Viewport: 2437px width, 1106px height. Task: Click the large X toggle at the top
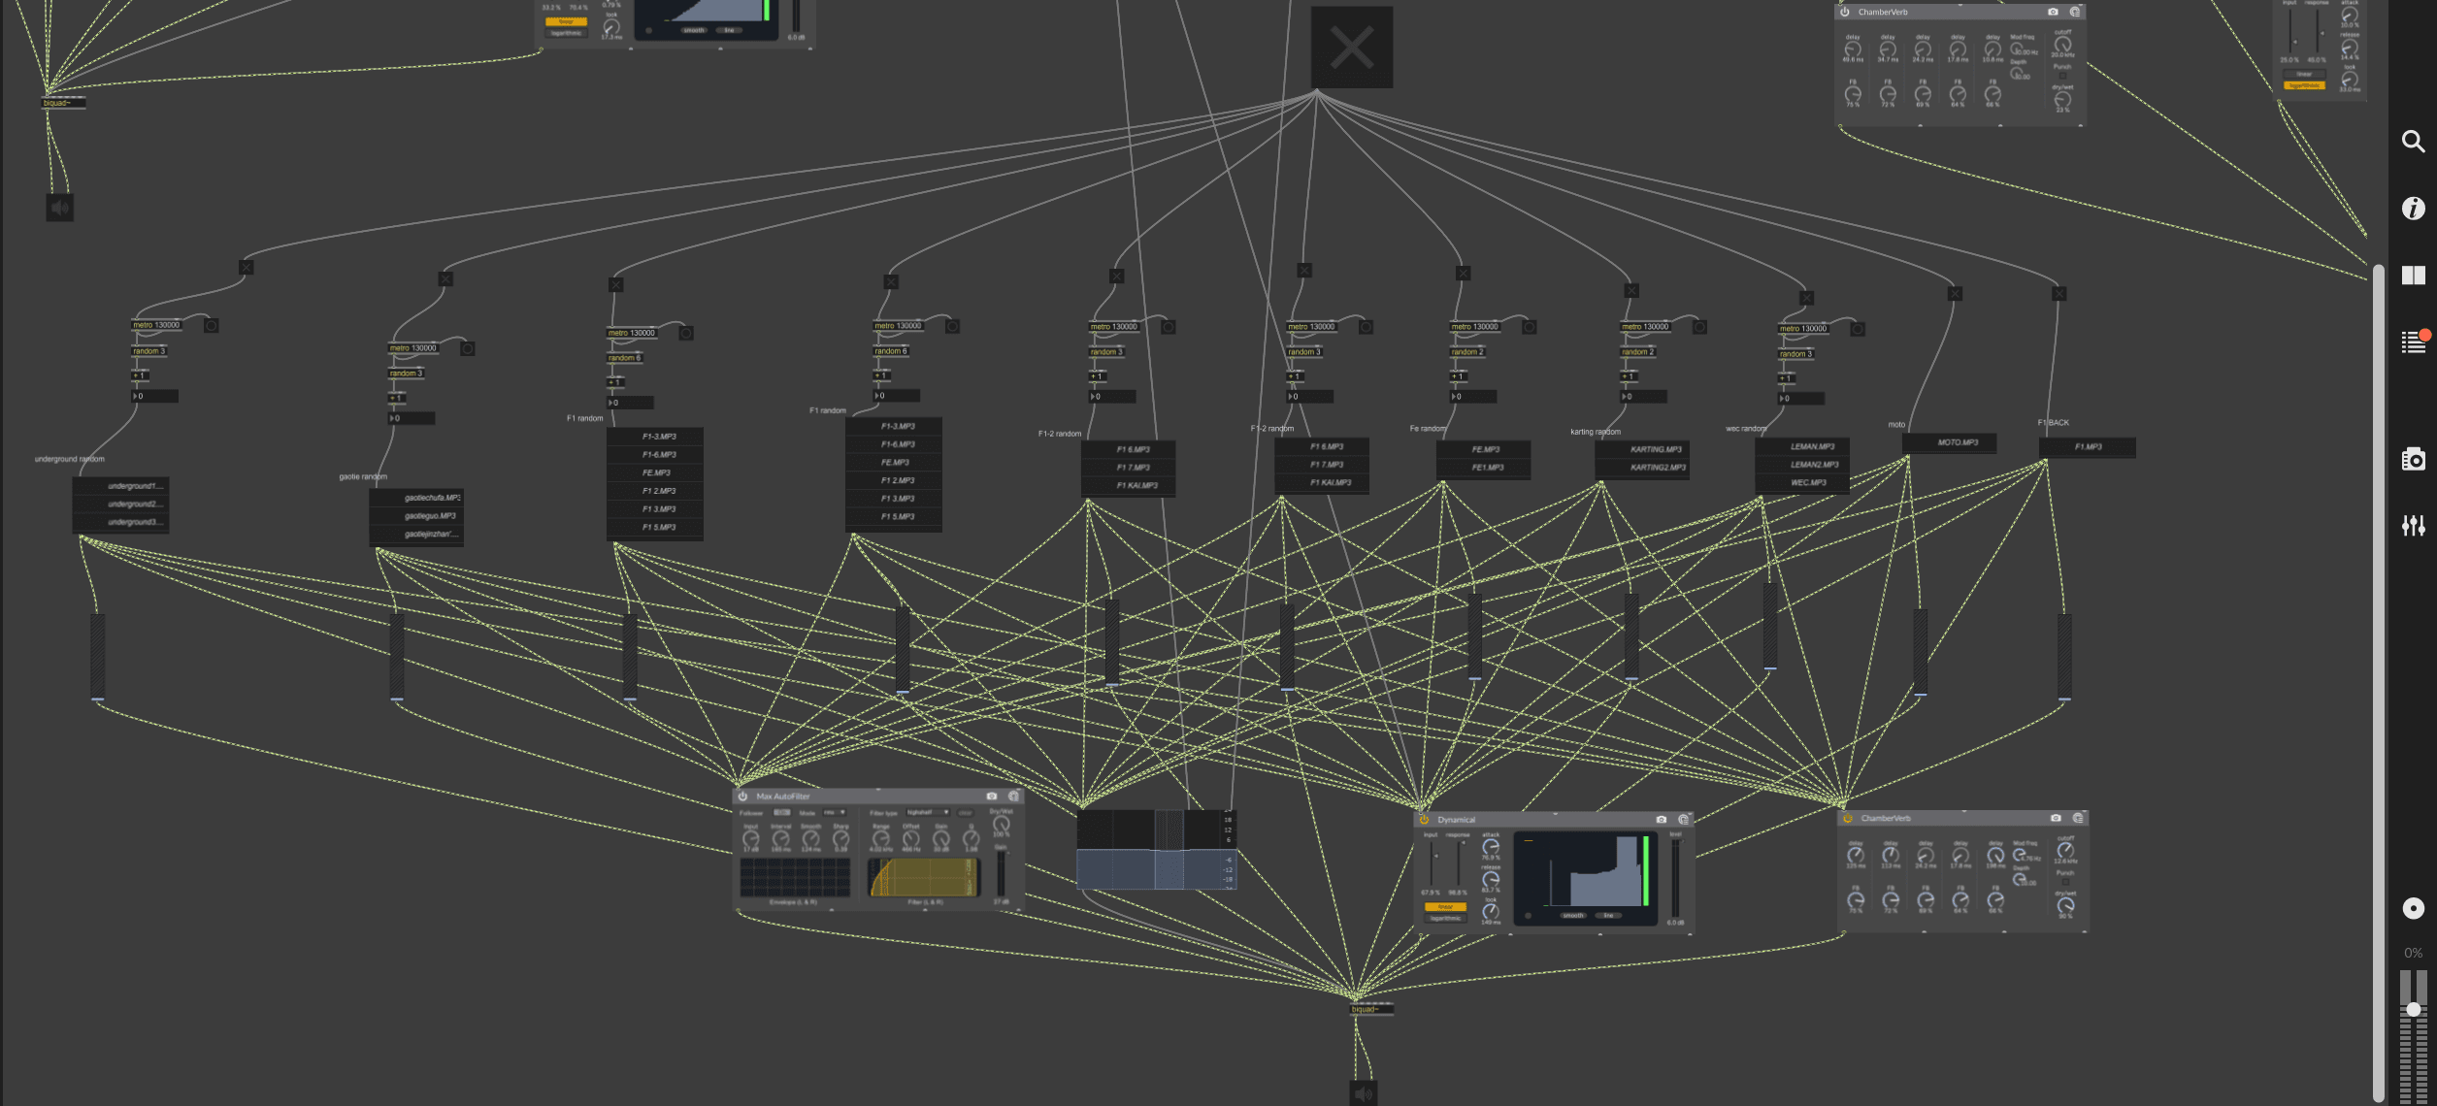point(1351,48)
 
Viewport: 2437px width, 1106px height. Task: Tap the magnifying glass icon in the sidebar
point(2413,142)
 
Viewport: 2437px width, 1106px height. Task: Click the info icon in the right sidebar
point(2413,209)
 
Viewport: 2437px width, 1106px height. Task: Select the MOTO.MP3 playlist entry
point(1957,442)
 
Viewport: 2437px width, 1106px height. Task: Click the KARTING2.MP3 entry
point(1657,468)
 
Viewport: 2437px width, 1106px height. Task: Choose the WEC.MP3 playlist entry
point(1807,482)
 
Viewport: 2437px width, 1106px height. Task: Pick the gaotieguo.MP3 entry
point(429,516)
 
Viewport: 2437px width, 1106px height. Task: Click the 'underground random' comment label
point(69,459)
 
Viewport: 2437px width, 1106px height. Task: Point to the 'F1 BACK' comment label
point(2053,423)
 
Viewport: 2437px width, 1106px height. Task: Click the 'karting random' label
point(1595,432)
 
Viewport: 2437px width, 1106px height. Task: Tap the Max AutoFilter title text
point(782,797)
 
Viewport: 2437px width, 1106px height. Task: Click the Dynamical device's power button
point(1424,820)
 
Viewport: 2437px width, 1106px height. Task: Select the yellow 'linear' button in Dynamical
point(1444,907)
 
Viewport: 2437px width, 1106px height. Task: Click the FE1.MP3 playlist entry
point(1487,468)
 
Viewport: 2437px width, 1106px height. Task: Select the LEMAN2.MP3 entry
point(1811,465)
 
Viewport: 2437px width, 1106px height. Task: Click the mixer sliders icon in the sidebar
point(2413,526)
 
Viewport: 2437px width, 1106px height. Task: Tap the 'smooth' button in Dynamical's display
point(1573,915)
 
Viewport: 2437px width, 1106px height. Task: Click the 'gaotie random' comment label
point(363,476)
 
